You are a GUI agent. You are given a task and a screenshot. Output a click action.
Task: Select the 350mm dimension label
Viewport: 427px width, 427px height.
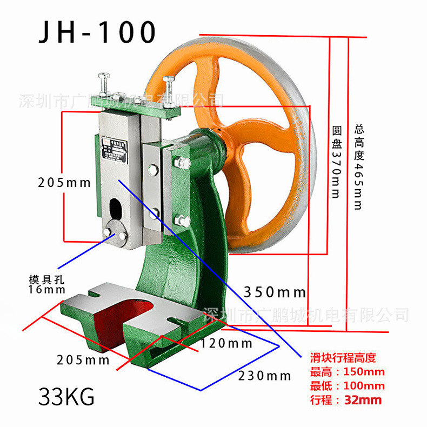pyautogui.click(x=275, y=293)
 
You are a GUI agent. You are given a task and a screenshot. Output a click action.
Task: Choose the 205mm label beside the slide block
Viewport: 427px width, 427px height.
pyautogui.click(x=64, y=182)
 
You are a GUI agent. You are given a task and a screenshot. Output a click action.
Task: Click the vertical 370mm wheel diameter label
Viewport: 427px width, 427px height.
pyautogui.click(x=336, y=162)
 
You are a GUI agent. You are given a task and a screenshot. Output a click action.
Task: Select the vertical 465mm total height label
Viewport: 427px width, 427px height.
pyautogui.click(x=358, y=168)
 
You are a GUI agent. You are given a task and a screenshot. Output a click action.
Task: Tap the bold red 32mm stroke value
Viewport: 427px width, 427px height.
pyautogui.click(x=363, y=401)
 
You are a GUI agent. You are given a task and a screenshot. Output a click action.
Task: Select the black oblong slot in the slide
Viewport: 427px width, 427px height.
pyautogui.click(x=116, y=208)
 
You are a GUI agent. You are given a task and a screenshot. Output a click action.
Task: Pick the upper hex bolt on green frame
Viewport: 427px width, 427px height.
pyautogui.click(x=181, y=162)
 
